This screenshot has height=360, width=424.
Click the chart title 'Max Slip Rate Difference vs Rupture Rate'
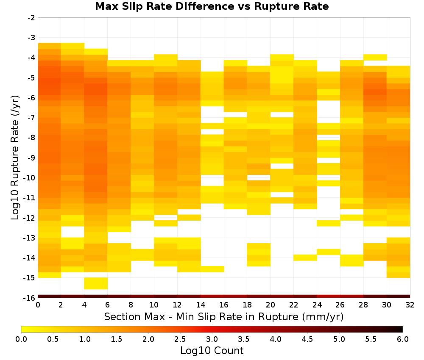coord(212,6)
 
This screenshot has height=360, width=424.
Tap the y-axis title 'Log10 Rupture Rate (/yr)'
coord(15,158)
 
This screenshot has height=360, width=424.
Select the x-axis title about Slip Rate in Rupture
coord(224,317)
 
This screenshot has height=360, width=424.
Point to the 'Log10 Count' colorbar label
coord(212,351)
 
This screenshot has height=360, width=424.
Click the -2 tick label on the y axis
coord(31,18)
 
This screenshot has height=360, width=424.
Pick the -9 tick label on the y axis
coord(31,158)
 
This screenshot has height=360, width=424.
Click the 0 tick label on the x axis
coord(38,305)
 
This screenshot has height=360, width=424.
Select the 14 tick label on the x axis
coord(201,305)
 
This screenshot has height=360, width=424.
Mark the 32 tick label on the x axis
coord(410,305)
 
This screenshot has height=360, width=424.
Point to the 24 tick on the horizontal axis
coord(317,305)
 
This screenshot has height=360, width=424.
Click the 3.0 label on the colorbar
coord(212,339)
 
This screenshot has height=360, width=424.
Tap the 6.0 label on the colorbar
coord(403,339)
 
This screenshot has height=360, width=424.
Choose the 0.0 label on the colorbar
coord(21,339)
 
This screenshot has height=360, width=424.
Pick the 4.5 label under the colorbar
coord(307,339)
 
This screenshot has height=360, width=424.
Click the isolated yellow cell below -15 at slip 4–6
coord(96,283)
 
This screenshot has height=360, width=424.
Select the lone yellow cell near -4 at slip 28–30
coord(375,57)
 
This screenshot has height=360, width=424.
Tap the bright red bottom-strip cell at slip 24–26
coord(329,296)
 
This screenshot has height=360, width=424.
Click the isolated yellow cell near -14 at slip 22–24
coord(305,258)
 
